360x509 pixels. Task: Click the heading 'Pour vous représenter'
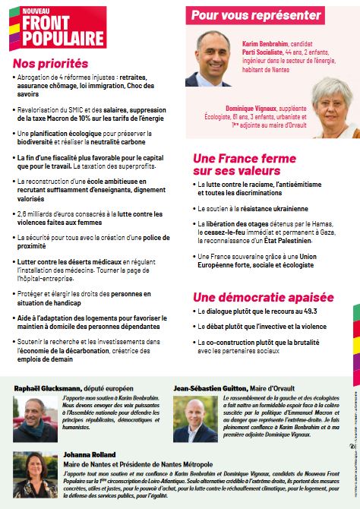256,14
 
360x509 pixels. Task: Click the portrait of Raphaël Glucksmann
33,410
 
